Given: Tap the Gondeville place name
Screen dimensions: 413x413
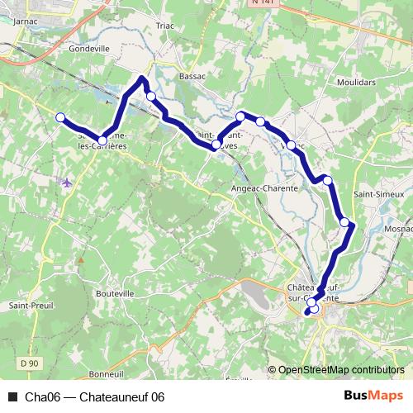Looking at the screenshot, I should tap(91, 48).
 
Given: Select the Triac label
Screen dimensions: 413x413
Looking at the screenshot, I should tap(165, 26).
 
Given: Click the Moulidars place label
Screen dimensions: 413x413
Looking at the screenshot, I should tap(356, 83).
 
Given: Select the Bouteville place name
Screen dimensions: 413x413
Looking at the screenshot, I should tap(115, 294).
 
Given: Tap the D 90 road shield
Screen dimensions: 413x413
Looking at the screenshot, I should tap(30, 363).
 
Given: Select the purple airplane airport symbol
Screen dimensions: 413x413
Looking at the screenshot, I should tap(66, 183).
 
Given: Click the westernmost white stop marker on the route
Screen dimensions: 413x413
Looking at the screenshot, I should tap(60, 118).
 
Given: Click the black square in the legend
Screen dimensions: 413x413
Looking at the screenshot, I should tap(12, 396).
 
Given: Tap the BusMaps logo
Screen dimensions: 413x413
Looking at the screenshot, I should tap(373, 396).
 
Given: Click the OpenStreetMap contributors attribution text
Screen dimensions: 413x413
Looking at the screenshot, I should tap(341, 370).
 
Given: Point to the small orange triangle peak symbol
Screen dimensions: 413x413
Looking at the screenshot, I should tap(81, 260).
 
